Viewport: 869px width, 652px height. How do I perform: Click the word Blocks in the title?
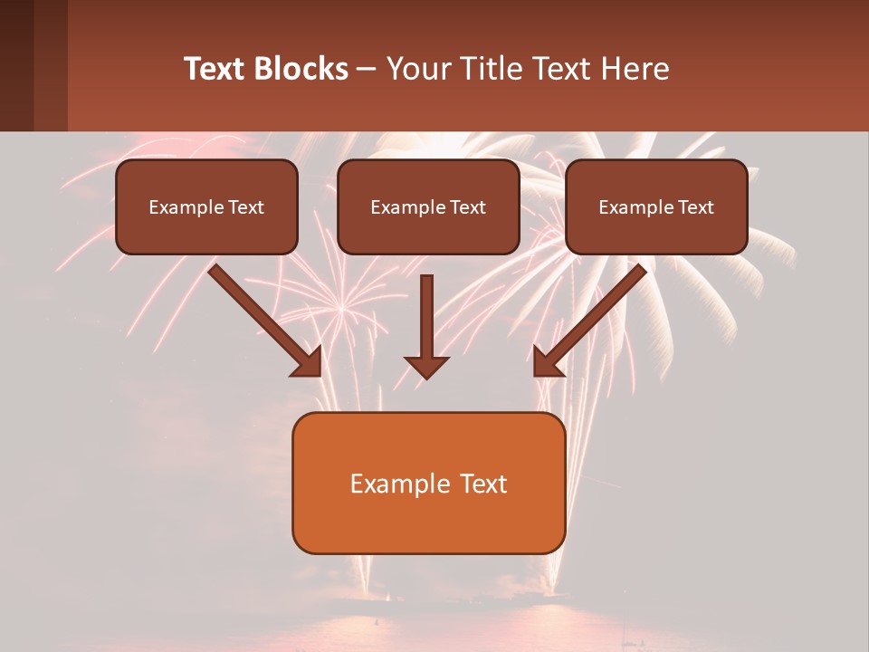pos(301,69)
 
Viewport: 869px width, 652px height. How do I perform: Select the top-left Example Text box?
pos(206,206)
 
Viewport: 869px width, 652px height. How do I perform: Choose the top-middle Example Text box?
pos(428,206)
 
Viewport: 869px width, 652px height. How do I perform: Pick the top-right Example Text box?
pos(656,206)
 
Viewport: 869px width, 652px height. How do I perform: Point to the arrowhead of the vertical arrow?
pos(426,367)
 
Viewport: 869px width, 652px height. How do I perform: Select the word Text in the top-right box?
pos(695,206)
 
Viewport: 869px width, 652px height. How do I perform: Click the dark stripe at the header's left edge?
pos(16,65)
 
